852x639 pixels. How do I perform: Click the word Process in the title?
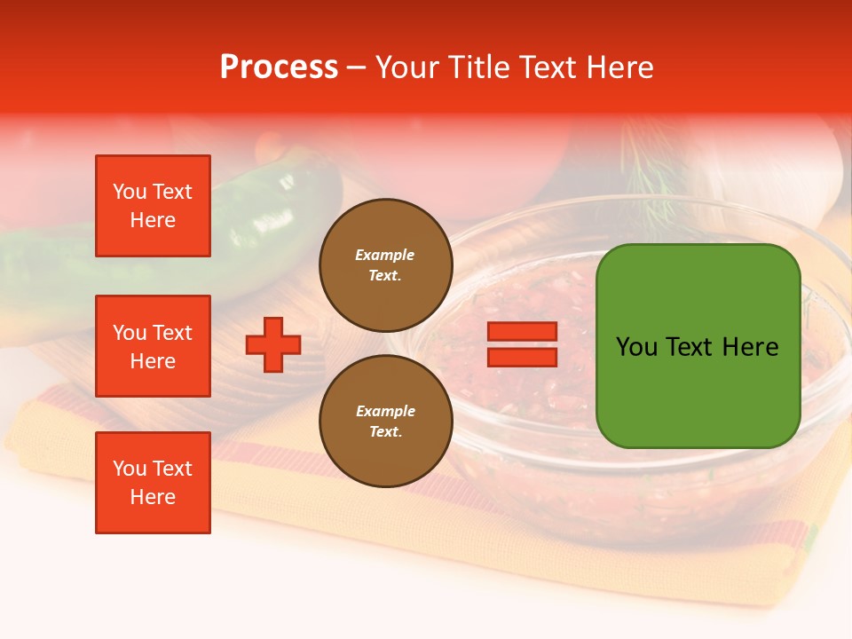click(279, 67)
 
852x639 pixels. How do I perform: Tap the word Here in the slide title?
click(619, 67)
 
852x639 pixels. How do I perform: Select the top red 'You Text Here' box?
click(153, 206)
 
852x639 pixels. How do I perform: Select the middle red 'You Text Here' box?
click(153, 346)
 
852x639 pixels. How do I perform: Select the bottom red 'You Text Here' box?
click(153, 483)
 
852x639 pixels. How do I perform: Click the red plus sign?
click(273, 345)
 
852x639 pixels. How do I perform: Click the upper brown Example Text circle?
click(385, 264)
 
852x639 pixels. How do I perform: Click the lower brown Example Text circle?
click(385, 421)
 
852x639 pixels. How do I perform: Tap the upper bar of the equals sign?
click(523, 332)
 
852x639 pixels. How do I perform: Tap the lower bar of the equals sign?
click(523, 358)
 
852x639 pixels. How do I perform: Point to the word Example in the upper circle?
click(385, 255)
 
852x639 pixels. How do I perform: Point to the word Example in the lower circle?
click(385, 411)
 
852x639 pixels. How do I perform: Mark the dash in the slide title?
click(356, 68)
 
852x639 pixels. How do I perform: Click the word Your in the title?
click(405, 67)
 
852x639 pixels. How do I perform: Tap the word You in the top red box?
click(128, 192)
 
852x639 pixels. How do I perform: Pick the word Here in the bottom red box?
click(153, 497)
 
